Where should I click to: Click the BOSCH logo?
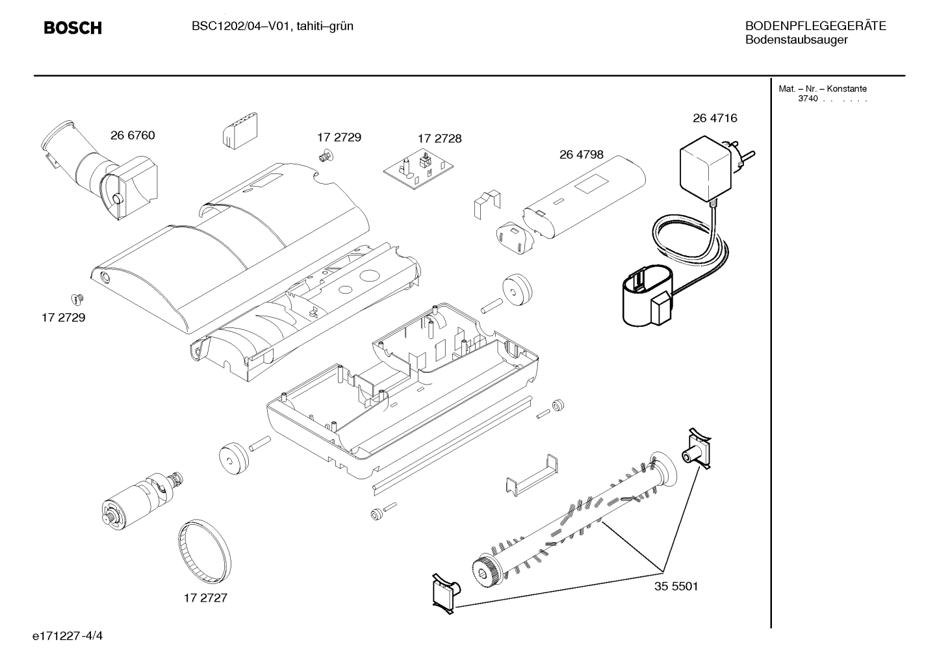(x=73, y=28)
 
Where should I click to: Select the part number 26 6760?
(x=133, y=136)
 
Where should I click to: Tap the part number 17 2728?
(x=440, y=139)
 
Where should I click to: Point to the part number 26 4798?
(x=582, y=155)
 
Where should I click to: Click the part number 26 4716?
(x=715, y=118)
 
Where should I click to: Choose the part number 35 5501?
(x=676, y=586)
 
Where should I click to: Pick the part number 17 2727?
(x=205, y=598)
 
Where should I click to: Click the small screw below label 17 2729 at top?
(x=326, y=157)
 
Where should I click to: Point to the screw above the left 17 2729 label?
(x=77, y=299)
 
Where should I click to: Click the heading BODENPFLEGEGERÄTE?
(x=815, y=25)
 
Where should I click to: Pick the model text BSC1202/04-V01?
(x=240, y=26)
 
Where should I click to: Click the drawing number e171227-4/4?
(x=68, y=636)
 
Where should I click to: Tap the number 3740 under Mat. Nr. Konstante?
(x=808, y=99)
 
